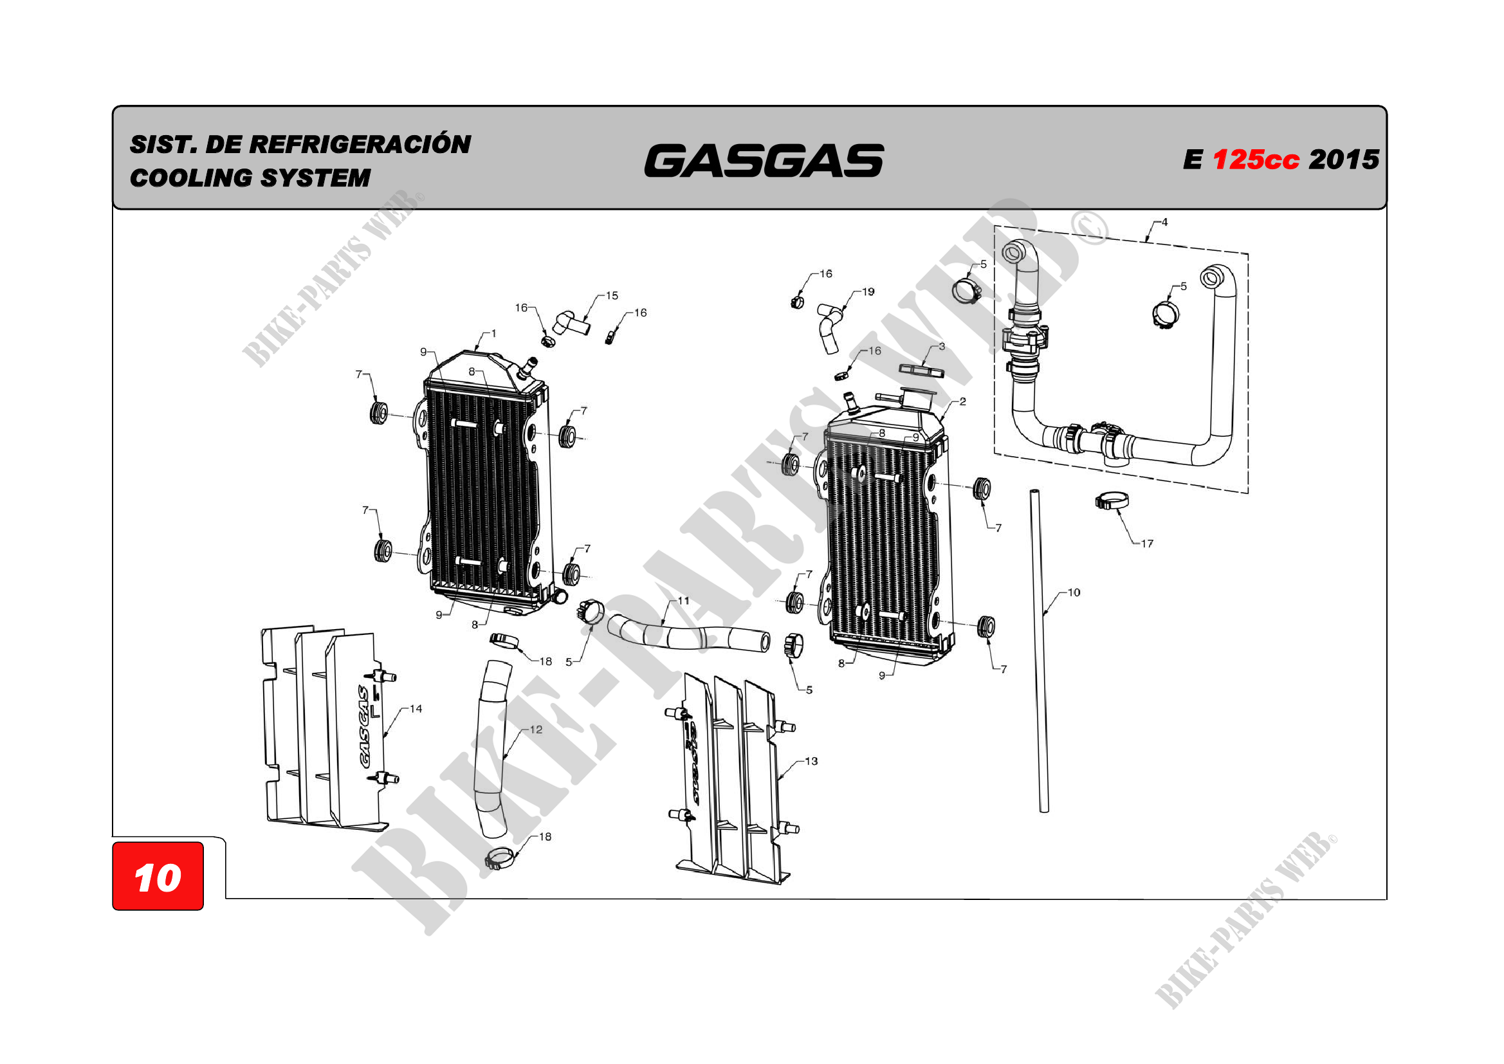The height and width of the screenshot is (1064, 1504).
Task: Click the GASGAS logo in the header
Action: [x=764, y=161]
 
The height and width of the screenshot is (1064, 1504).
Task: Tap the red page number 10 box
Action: [x=158, y=877]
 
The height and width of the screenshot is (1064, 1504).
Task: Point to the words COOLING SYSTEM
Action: [x=250, y=178]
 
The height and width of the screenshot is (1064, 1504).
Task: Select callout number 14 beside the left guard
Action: [x=416, y=709]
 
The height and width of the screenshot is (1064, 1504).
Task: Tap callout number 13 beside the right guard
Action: [x=811, y=761]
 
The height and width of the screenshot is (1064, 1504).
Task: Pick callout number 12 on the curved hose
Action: [x=536, y=730]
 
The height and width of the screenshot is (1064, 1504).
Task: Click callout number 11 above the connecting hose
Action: [x=683, y=601]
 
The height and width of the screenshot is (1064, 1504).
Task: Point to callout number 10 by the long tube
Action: [x=1074, y=593]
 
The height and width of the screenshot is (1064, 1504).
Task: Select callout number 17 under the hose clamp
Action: [x=1147, y=544]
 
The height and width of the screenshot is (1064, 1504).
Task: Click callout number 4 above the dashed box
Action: [x=1164, y=223]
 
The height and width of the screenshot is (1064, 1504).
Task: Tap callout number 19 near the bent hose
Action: [x=868, y=292]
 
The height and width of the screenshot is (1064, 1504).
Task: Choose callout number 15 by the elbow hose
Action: [x=612, y=296]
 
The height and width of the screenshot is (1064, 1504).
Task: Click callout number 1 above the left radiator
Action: [x=493, y=334]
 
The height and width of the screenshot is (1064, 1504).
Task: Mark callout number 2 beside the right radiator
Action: [x=962, y=402]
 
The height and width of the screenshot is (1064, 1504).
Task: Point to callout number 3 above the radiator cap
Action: [x=941, y=347]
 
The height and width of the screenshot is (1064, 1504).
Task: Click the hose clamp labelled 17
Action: [x=1112, y=502]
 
